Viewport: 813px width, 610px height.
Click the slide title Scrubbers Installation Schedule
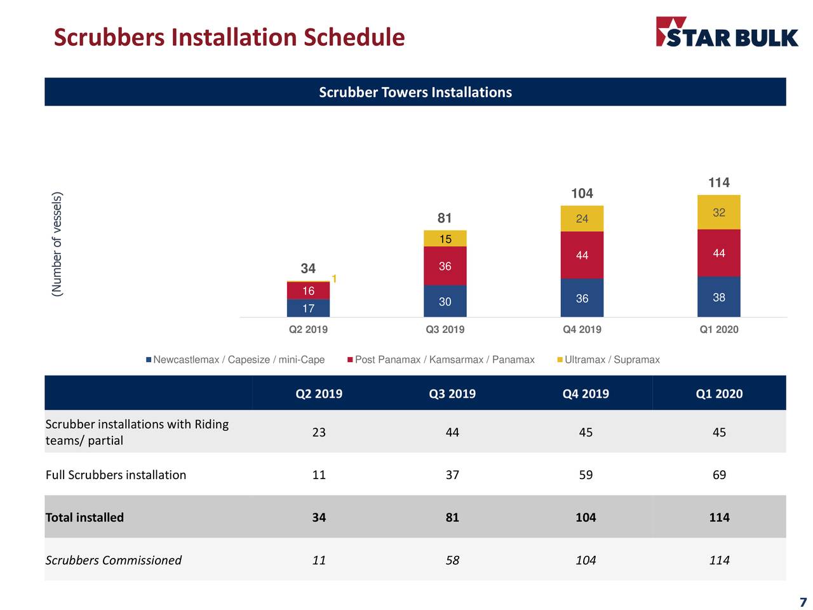point(229,37)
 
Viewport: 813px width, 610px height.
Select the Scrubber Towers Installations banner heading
point(415,92)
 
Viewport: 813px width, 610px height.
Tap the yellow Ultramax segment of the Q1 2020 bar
point(718,212)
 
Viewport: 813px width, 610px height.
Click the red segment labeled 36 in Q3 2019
point(445,266)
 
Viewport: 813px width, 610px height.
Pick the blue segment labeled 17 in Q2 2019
point(308,308)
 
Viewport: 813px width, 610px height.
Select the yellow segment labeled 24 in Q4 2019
point(582,219)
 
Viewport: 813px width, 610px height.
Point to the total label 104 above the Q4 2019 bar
point(582,193)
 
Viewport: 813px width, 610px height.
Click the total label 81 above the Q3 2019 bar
point(445,218)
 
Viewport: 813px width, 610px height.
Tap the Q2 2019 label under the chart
point(308,329)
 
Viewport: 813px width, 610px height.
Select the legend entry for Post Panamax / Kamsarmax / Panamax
point(441,360)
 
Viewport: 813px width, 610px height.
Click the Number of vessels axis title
point(58,244)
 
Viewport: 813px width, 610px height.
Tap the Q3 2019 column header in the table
point(452,393)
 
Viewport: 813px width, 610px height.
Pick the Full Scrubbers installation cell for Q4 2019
point(586,475)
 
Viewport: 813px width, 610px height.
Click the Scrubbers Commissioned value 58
point(452,560)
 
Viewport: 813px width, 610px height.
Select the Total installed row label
point(85,517)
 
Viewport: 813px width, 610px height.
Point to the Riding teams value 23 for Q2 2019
point(319,432)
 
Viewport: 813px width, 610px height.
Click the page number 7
point(803,602)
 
